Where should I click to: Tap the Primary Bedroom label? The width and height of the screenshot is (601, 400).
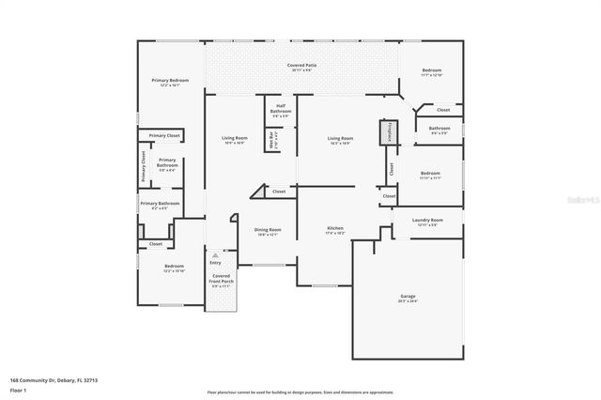171,81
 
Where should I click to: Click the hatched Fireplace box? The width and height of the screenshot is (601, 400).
384,132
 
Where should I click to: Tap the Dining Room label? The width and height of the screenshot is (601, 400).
268,231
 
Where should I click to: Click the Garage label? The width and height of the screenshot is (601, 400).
408,298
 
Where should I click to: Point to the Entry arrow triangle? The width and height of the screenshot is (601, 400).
215,254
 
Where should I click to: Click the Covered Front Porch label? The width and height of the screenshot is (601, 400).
221,280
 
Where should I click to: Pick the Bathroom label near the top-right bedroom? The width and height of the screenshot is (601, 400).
439,130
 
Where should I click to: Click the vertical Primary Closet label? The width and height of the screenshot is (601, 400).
144,166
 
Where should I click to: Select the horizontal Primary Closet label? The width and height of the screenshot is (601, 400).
163,135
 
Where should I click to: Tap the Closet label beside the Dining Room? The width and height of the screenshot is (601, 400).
279,192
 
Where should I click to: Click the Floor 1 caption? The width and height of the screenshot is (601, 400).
18,390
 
